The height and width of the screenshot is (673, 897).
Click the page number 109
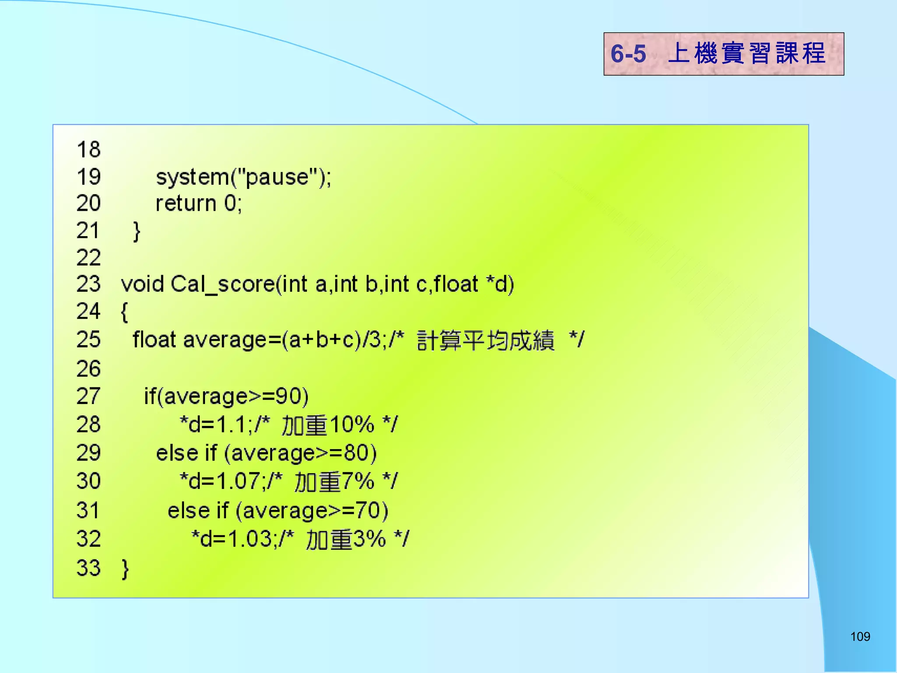(x=860, y=636)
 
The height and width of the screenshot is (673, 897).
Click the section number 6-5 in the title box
(x=628, y=54)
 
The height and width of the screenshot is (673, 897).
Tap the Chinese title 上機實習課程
(x=746, y=53)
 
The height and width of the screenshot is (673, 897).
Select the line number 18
(x=88, y=150)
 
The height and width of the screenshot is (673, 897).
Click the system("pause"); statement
(x=244, y=177)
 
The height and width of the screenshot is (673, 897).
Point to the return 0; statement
(x=199, y=204)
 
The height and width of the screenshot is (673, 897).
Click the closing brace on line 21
(x=137, y=231)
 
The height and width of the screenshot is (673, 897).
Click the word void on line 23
(x=142, y=284)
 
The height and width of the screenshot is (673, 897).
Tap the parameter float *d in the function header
(x=473, y=284)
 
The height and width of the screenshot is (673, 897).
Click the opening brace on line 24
(x=124, y=312)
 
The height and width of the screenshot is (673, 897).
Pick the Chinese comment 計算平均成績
(x=485, y=340)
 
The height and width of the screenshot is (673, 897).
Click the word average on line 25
(x=225, y=340)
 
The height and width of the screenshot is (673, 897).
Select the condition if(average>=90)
(x=226, y=397)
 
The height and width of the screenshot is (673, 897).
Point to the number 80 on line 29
(x=356, y=453)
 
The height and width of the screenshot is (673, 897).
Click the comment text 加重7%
(x=334, y=482)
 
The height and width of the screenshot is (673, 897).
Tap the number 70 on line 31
(x=368, y=510)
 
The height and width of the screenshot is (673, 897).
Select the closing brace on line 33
(x=125, y=568)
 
